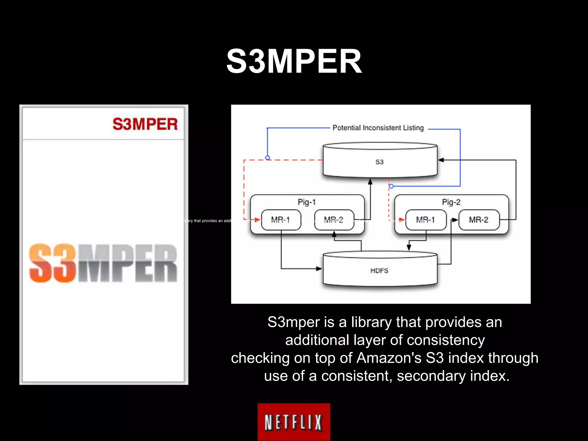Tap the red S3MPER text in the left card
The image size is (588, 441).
point(145,124)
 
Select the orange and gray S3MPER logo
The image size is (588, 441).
point(103,263)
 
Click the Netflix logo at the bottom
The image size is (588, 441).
point(294,422)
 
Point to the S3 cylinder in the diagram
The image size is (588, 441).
point(380,162)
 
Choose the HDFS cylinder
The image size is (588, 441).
point(380,270)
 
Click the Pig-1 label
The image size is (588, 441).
point(307,202)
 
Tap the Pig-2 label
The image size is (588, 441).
point(451,202)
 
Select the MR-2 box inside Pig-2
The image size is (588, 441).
point(479,220)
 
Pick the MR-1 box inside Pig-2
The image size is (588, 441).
point(426,220)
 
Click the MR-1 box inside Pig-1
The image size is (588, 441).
point(281,220)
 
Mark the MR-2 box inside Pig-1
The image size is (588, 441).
point(334,220)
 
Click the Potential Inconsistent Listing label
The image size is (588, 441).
point(378,128)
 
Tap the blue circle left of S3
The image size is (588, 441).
point(268,158)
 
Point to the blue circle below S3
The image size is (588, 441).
point(391,186)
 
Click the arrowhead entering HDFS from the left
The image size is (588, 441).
point(319,269)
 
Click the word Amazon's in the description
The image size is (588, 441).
point(389,358)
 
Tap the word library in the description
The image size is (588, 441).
point(371,322)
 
